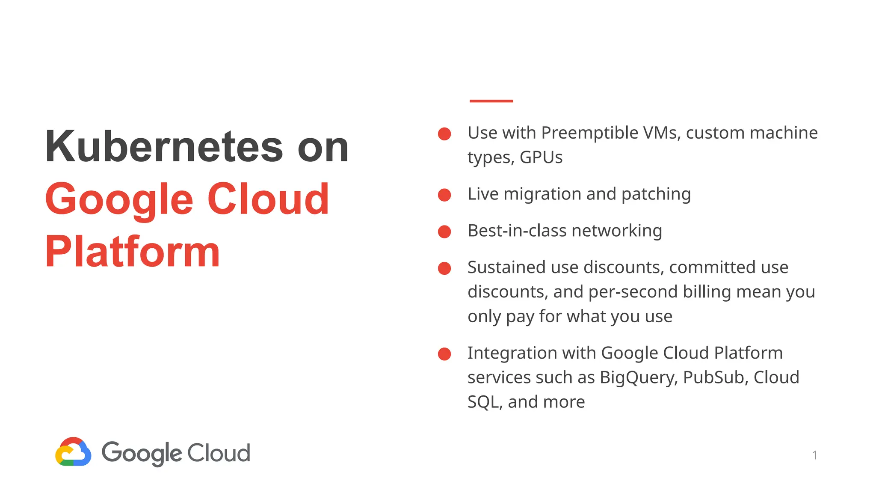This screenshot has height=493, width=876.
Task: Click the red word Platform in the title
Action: click(133, 252)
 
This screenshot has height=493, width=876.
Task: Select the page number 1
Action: click(815, 455)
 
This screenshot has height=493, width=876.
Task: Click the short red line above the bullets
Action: click(491, 101)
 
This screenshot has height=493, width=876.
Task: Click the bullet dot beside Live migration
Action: click(444, 195)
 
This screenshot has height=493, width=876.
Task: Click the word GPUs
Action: click(541, 157)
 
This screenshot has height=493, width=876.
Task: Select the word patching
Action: click(656, 195)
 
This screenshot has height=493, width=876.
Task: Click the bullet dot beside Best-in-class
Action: click(444, 232)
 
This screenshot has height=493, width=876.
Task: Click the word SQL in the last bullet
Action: click(484, 402)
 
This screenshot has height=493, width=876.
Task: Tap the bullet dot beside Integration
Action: click(444, 354)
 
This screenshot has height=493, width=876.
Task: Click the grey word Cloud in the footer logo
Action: click(219, 453)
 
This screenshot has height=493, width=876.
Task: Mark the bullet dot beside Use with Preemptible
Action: click(444, 134)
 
